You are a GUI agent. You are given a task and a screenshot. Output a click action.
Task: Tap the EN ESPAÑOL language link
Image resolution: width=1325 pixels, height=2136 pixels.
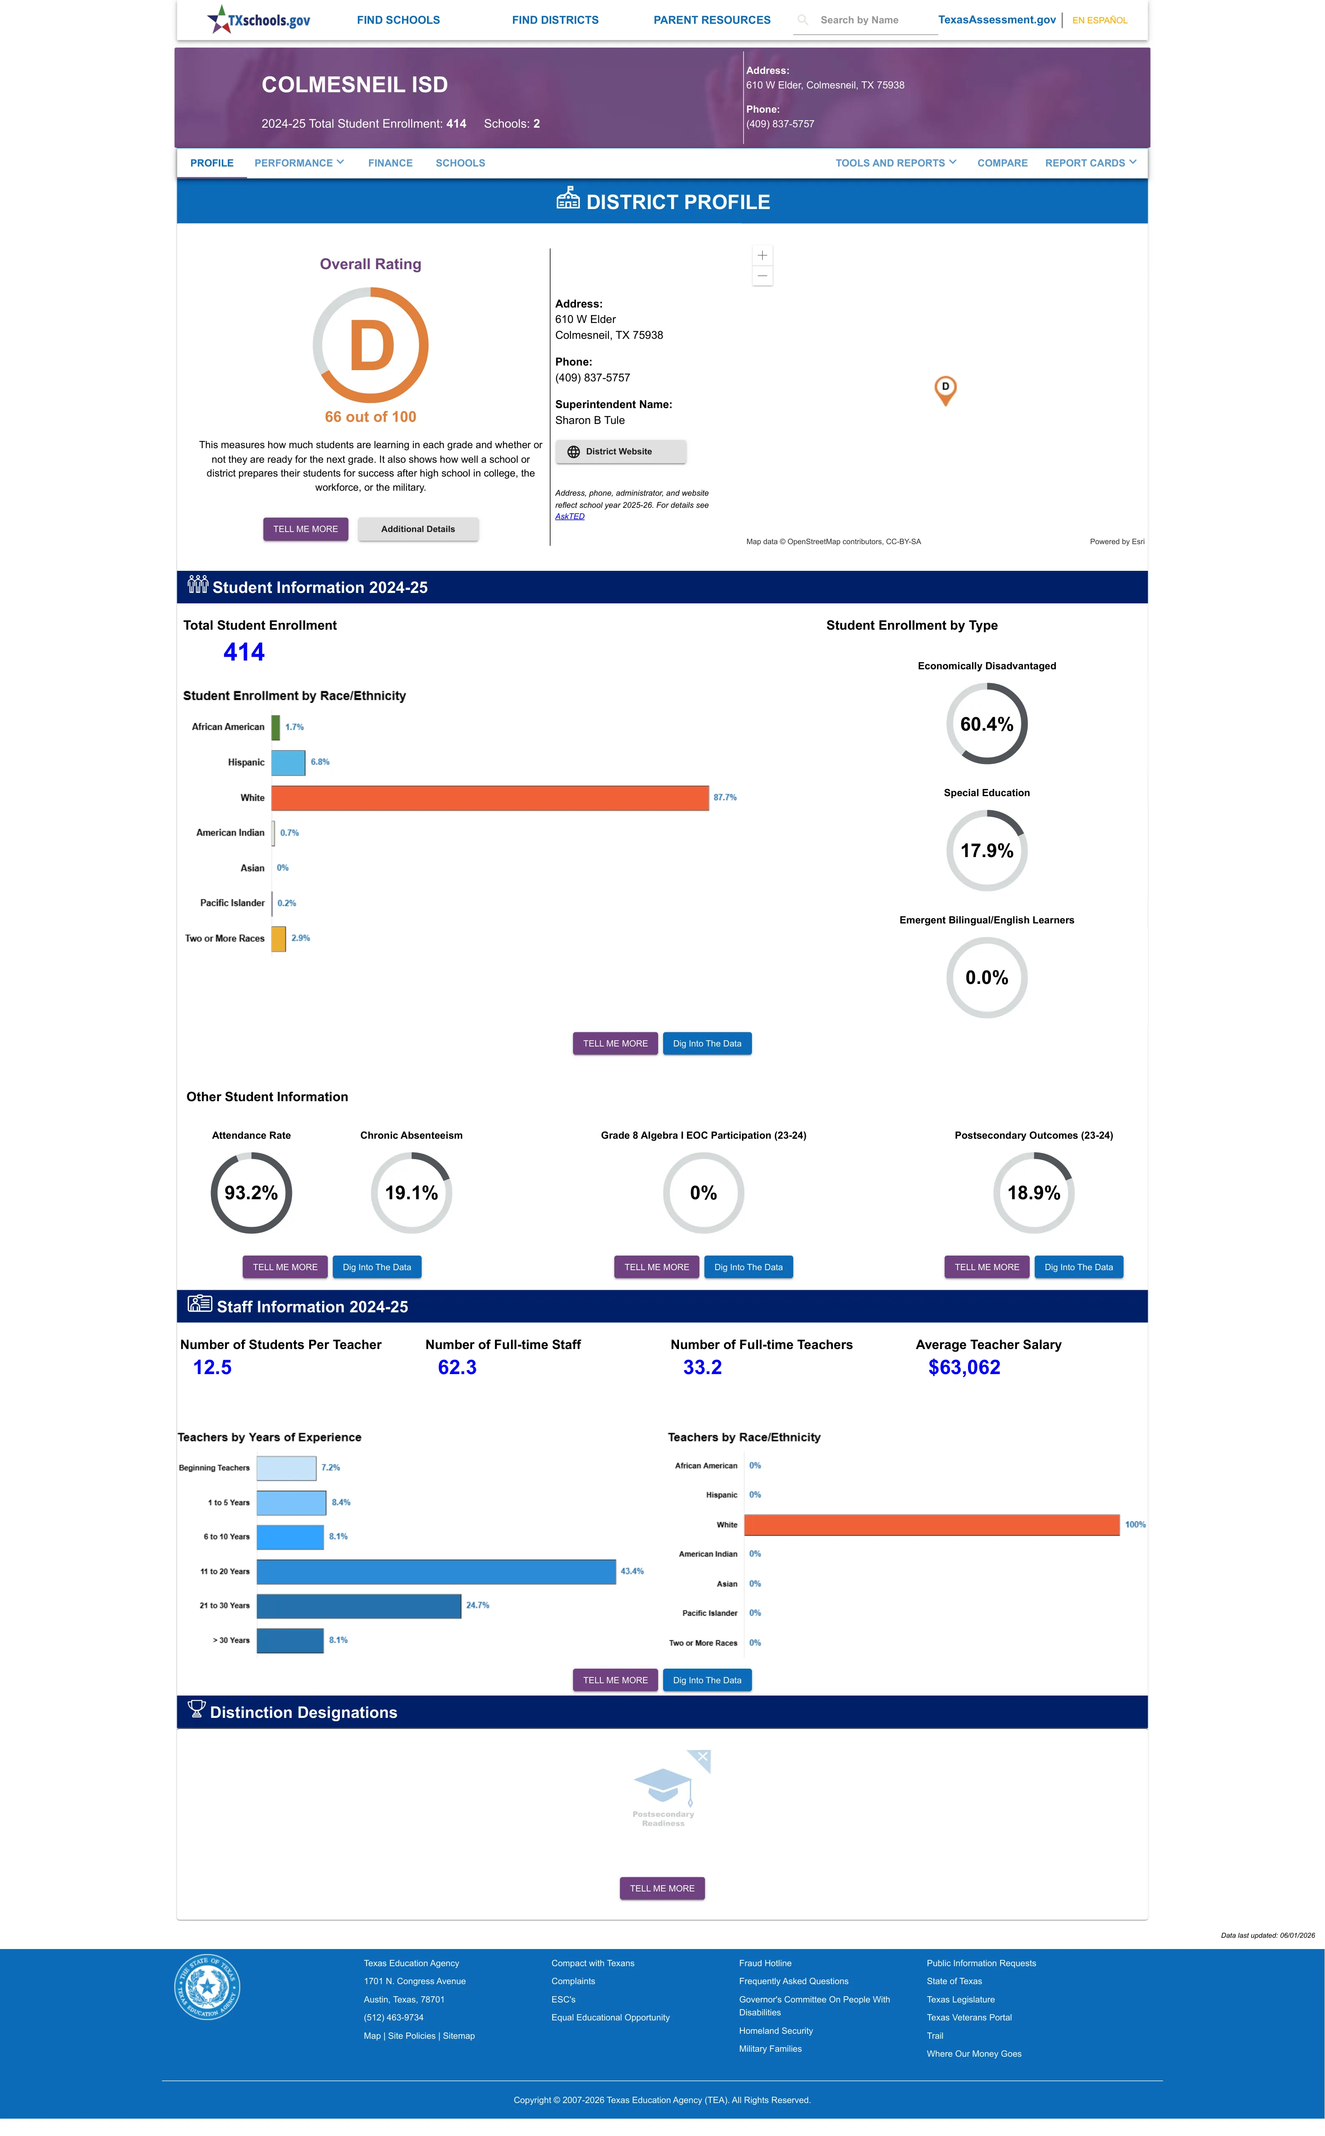[x=1100, y=20]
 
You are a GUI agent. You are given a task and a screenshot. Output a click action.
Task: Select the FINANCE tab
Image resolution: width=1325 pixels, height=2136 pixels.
[x=390, y=163]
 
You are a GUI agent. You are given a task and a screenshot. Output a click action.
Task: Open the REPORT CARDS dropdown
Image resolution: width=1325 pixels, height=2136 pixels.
[x=1090, y=163]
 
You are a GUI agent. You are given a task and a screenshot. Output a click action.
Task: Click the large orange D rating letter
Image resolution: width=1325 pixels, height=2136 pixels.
[x=372, y=346]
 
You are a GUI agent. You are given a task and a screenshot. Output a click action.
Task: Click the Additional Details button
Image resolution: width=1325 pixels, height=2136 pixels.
[x=418, y=530]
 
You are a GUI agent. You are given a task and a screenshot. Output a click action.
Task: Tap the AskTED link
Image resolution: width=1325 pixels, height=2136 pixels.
[x=570, y=516]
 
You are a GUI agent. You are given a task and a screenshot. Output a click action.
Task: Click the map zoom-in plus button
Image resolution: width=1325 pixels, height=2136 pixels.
[x=762, y=255]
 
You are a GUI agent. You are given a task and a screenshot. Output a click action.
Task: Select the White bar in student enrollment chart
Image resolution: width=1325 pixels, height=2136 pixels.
[x=490, y=797]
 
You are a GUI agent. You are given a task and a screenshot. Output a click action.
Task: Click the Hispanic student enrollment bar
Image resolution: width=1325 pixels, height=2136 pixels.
[x=288, y=762]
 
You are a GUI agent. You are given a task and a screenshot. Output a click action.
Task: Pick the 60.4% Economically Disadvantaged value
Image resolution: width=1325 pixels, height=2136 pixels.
[x=987, y=724]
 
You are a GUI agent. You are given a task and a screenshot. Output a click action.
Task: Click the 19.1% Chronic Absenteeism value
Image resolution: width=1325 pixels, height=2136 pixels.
[x=411, y=1193]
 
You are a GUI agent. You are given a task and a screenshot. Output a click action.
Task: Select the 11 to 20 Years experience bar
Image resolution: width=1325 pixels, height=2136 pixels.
[x=436, y=1571]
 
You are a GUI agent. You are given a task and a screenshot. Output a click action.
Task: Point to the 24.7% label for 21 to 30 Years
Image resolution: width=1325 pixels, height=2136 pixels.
[x=478, y=1606]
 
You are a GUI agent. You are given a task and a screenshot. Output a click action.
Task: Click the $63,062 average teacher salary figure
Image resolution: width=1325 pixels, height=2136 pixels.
[x=964, y=1367]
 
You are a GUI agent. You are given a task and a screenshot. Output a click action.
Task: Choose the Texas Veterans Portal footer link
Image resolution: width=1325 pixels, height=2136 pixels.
[x=969, y=2017]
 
